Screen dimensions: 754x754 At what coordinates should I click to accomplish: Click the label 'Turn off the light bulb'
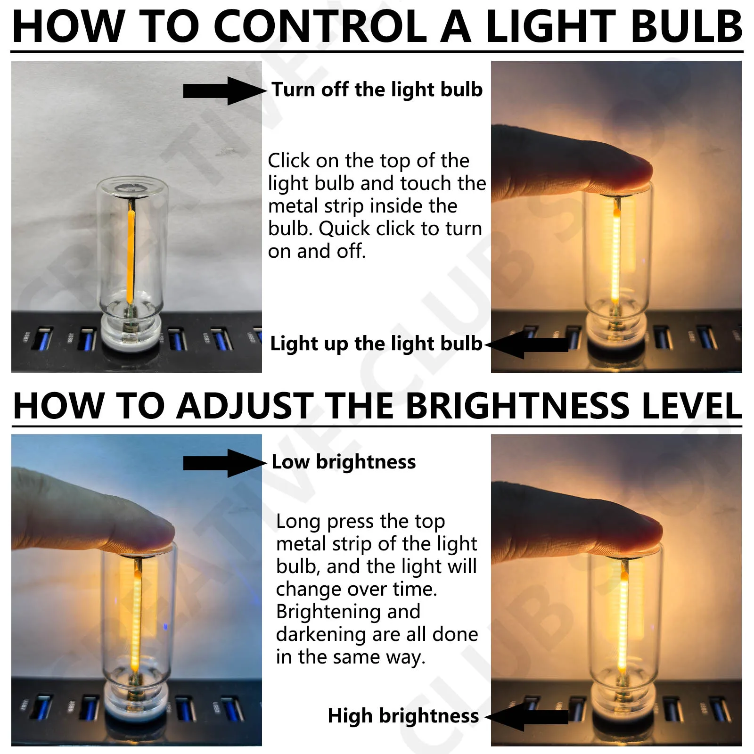[x=377, y=90]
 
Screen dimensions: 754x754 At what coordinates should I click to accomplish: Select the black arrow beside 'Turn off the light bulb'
[x=224, y=91]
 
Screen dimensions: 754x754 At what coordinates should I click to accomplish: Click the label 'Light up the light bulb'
[x=376, y=344]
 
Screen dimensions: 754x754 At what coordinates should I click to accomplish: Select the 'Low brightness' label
[x=344, y=462]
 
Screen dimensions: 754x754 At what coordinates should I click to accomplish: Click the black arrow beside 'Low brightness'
[x=224, y=463]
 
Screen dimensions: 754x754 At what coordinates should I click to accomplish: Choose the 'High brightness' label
[x=403, y=716]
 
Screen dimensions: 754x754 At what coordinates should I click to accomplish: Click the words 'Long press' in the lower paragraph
[x=325, y=521]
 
